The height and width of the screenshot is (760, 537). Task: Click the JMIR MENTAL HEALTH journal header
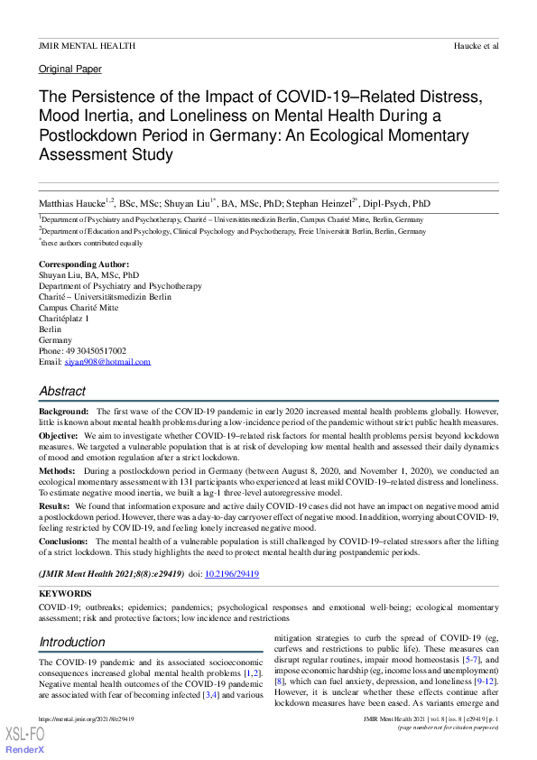pyautogui.click(x=87, y=44)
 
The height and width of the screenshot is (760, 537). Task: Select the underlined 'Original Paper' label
pyautogui.click(x=70, y=69)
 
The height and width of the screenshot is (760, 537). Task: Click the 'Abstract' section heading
pyautogui.click(x=62, y=392)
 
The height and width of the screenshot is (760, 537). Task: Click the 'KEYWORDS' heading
pyautogui.click(x=65, y=594)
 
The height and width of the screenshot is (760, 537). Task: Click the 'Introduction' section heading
pyautogui.click(x=71, y=643)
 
